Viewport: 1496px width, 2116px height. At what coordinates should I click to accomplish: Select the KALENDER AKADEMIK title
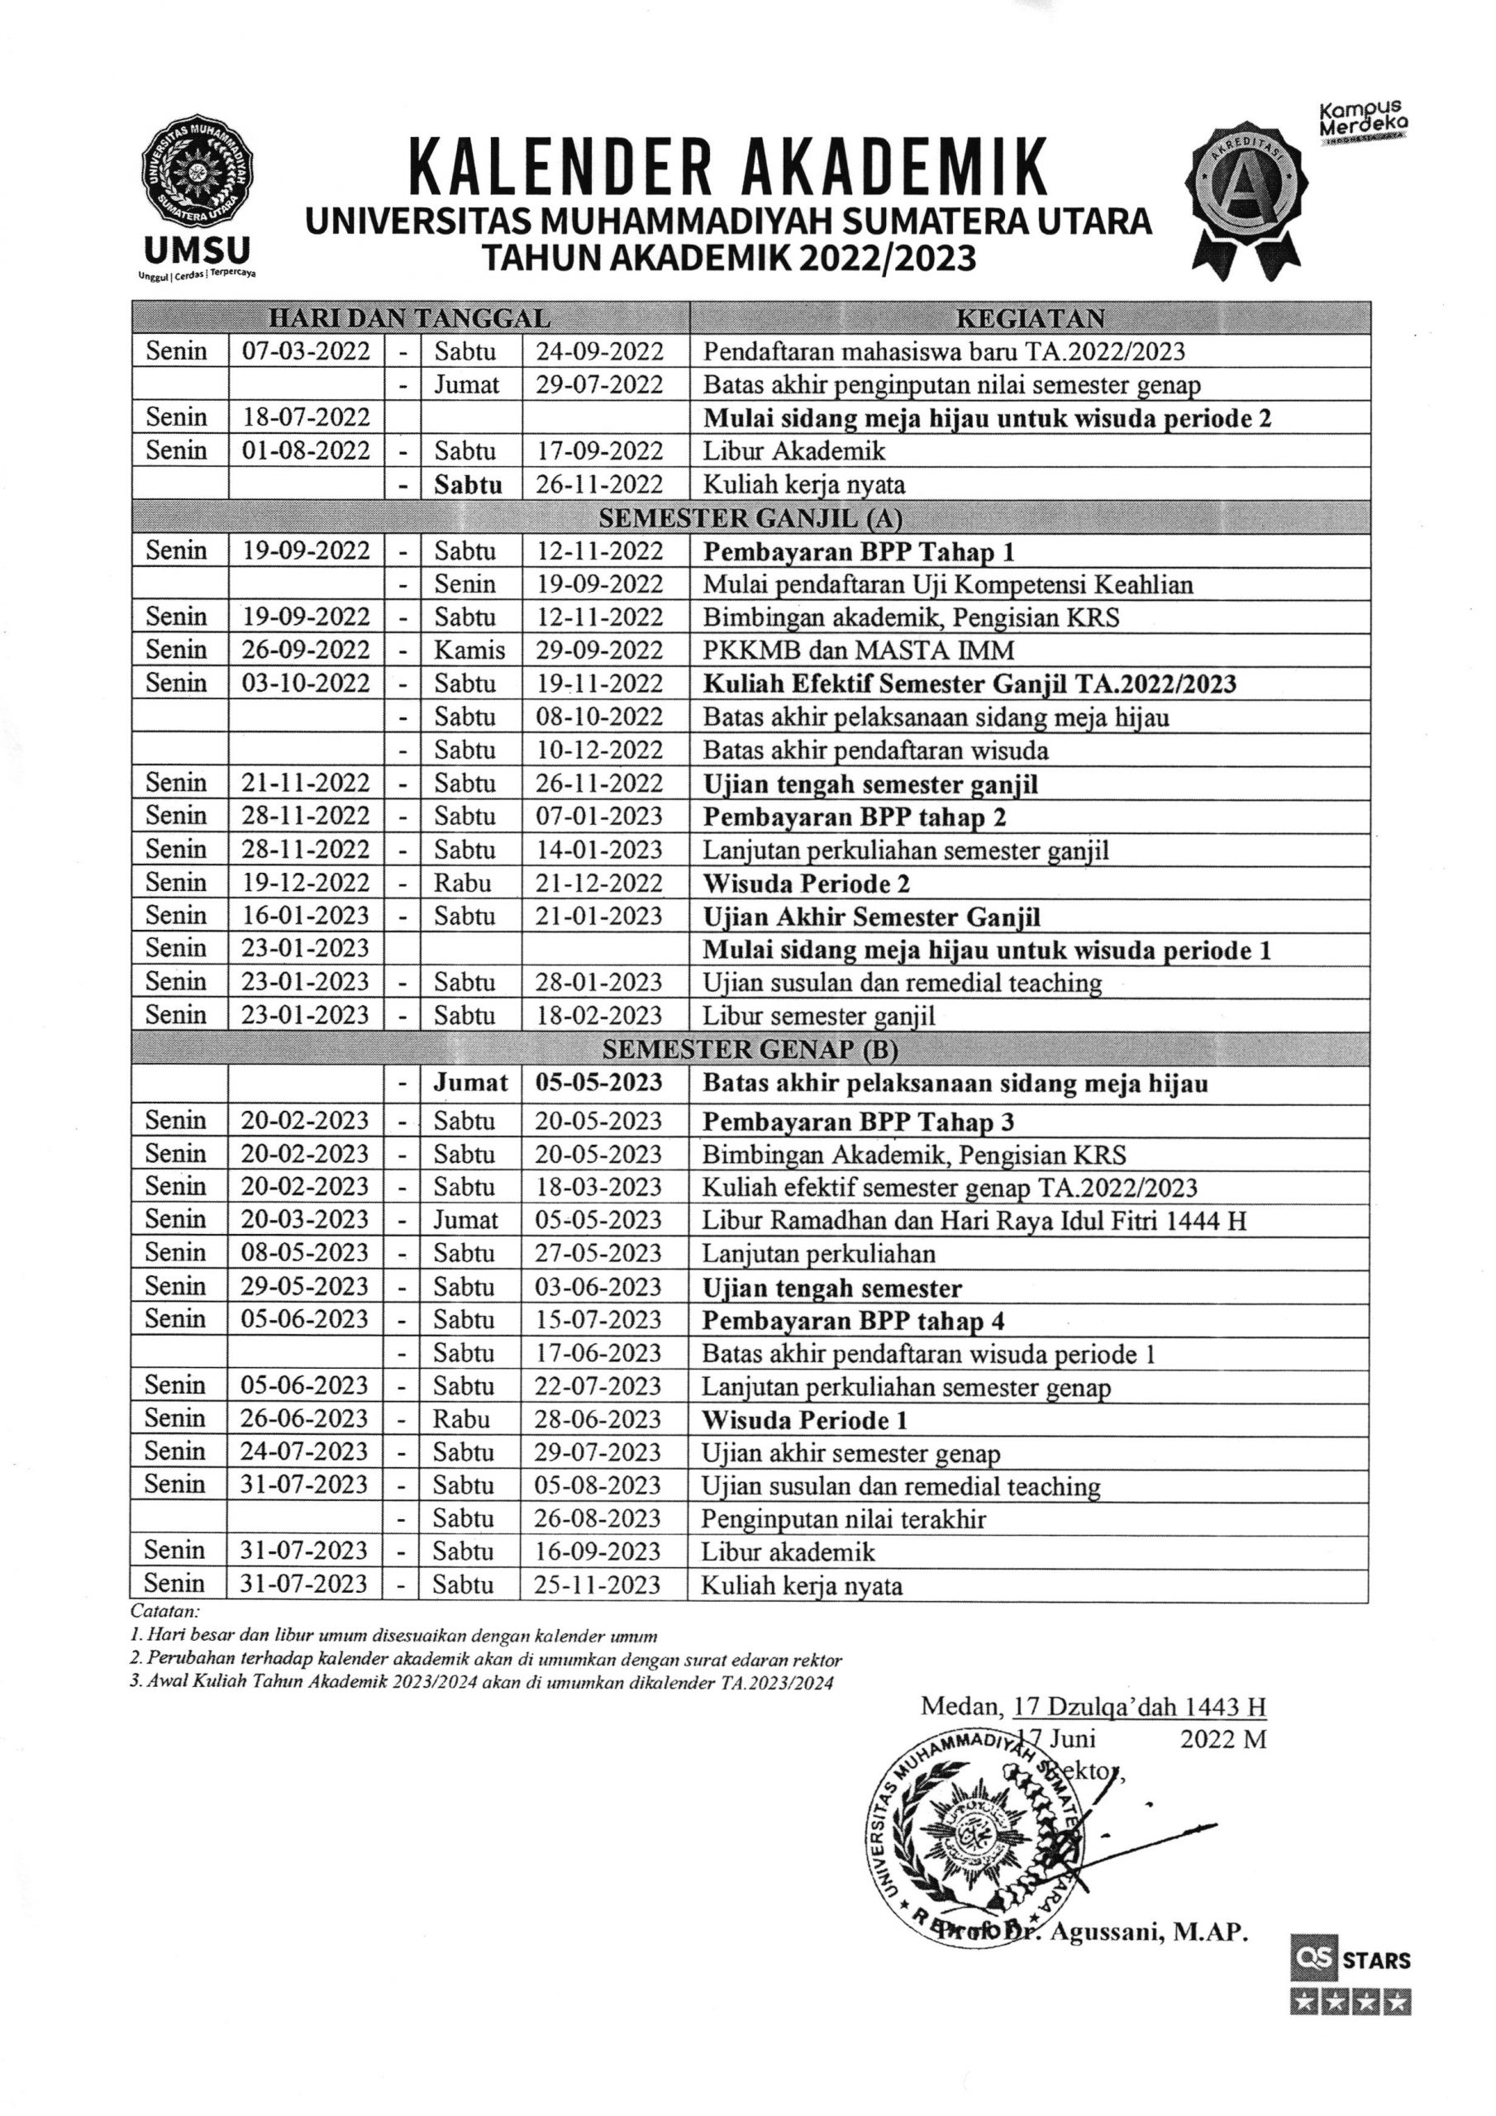(728, 167)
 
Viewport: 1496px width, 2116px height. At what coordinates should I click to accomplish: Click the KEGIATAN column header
(1030, 319)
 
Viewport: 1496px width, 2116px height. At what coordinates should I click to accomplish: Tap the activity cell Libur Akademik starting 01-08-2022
(793, 450)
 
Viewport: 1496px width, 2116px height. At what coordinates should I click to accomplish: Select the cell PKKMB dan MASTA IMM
(858, 651)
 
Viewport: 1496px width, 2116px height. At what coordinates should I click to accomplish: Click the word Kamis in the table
(469, 651)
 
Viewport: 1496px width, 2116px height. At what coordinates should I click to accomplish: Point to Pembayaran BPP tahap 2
(854, 817)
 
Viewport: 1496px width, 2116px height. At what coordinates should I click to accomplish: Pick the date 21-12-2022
(599, 883)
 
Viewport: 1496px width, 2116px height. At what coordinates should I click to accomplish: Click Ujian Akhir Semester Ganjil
(871, 917)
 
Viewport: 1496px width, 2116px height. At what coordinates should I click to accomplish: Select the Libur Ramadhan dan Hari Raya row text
(974, 1220)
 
